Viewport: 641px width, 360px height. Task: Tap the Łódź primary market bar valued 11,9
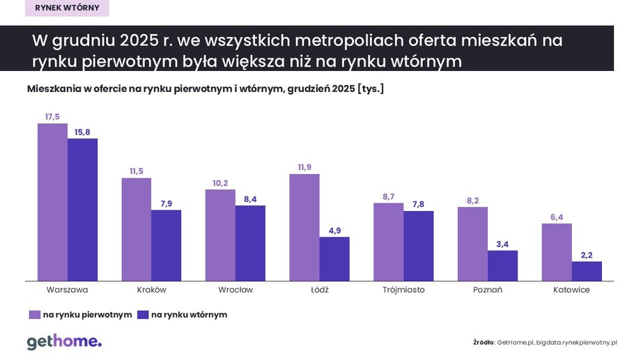[x=304, y=228]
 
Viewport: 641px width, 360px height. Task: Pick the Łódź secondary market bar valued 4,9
[x=334, y=259]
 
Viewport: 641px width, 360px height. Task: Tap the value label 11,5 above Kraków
[x=137, y=171]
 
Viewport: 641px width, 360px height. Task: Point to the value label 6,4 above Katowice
[x=557, y=217]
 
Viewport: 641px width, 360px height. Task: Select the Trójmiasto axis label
[x=403, y=290]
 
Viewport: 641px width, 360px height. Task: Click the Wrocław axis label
[x=235, y=290]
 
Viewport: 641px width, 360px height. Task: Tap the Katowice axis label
[x=571, y=290]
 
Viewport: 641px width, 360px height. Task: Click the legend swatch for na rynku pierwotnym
[x=34, y=315]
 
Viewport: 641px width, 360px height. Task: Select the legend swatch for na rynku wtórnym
[x=143, y=315]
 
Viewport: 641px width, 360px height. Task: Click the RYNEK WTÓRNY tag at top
[x=66, y=8]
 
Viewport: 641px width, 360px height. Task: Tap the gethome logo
[x=64, y=341]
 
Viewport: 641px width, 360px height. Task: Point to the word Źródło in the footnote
[x=484, y=343]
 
